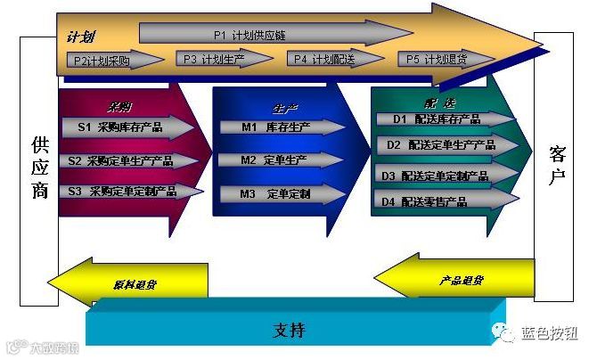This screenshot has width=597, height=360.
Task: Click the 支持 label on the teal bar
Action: [x=289, y=331]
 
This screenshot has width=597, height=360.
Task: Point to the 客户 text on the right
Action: [x=557, y=165]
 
